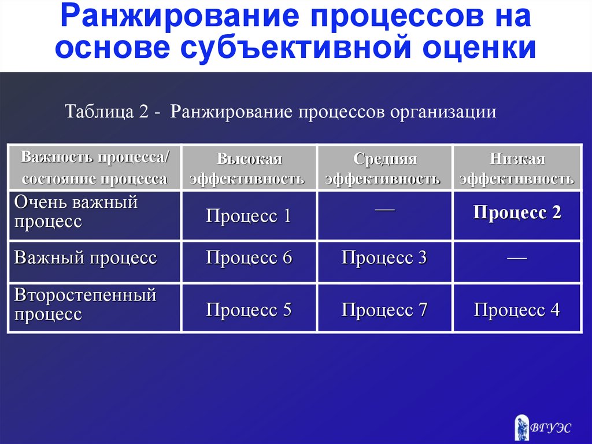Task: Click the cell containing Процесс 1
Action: click(x=249, y=215)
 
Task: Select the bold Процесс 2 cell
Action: click(x=517, y=215)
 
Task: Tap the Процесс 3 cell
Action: click(x=384, y=262)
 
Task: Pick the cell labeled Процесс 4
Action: click(x=517, y=308)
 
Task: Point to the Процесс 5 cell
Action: click(x=249, y=308)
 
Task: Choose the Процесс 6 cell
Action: click(x=249, y=262)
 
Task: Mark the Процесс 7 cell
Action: click(x=384, y=308)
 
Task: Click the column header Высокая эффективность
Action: click(x=249, y=167)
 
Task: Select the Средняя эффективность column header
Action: click(x=384, y=167)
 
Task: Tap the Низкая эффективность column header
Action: click(x=517, y=167)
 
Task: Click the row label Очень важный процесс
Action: click(x=76, y=212)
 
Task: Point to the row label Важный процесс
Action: click(x=86, y=258)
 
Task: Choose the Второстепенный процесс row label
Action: click(x=86, y=304)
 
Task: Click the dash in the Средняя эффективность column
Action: click(x=384, y=208)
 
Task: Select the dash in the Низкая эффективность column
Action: click(x=517, y=258)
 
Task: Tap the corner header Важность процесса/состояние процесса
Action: click(x=95, y=167)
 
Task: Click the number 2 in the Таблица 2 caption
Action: click(x=143, y=112)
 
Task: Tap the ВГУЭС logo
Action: click(x=542, y=427)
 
